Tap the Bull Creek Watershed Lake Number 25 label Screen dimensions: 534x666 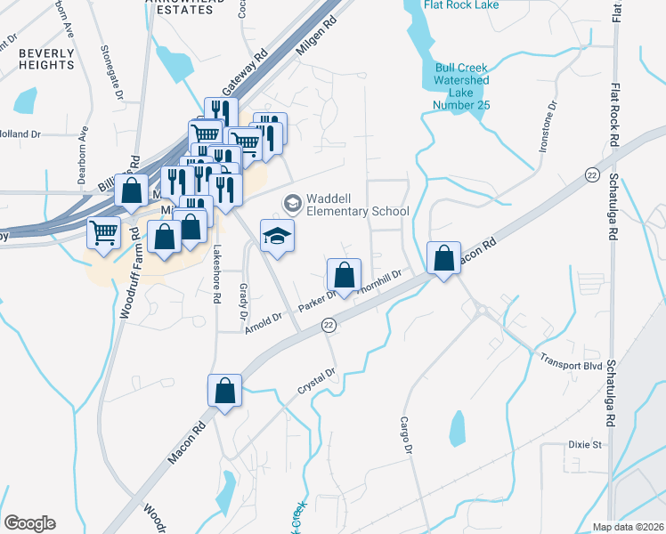click(x=462, y=85)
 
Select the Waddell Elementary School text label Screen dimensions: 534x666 click(x=357, y=205)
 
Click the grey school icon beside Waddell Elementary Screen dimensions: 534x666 click(x=291, y=204)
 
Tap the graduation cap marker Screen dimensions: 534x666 click(x=277, y=236)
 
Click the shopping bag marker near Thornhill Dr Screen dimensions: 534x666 click(x=344, y=276)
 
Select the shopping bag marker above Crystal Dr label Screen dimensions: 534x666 click(x=224, y=391)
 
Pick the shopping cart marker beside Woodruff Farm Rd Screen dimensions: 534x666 click(x=104, y=233)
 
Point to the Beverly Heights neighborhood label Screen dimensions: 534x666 click(x=46, y=60)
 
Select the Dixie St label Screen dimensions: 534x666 click(x=586, y=443)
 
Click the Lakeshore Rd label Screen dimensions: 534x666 click(x=215, y=276)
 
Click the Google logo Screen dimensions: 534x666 click(x=29, y=523)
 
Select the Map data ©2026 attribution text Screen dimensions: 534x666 click(x=627, y=527)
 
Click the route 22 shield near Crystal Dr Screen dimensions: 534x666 click(x=328, y=327)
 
